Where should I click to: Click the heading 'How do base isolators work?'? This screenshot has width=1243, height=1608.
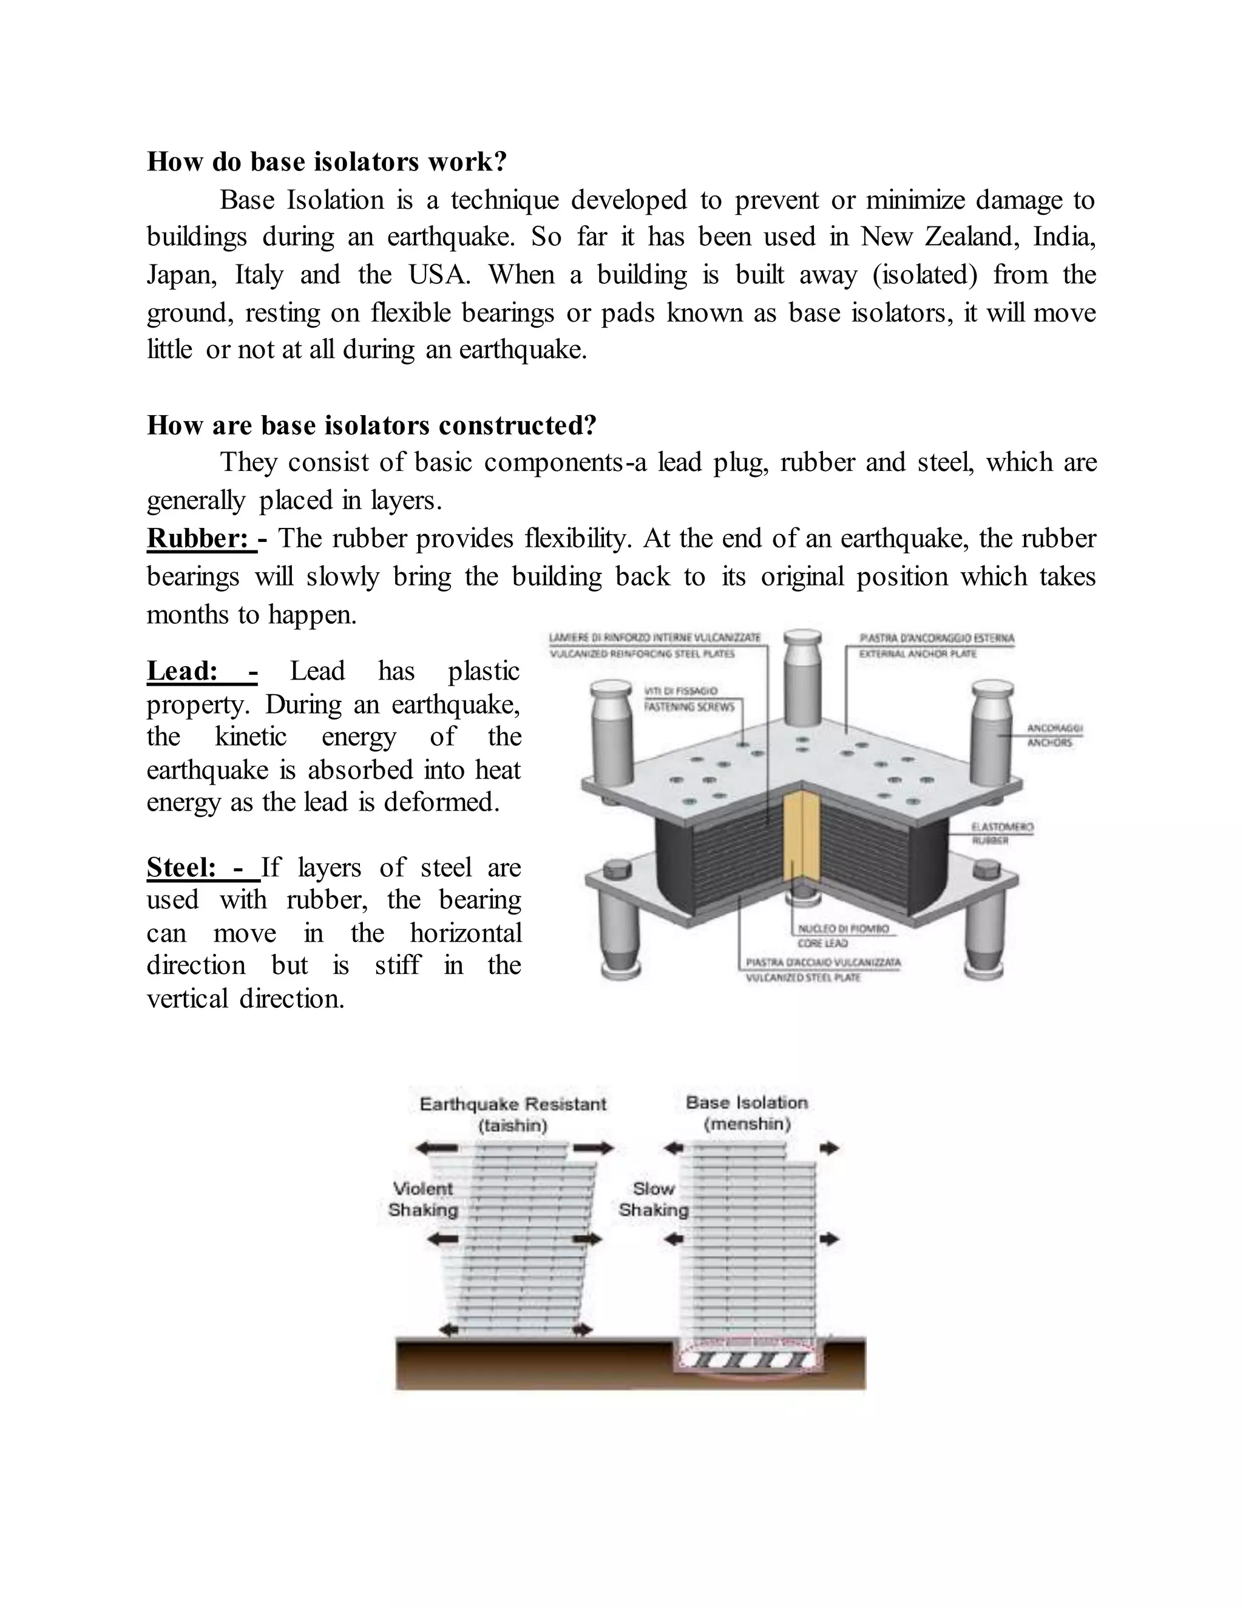(x=327, y=162)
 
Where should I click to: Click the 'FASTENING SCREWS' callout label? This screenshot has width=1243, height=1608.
(x=689, y=707)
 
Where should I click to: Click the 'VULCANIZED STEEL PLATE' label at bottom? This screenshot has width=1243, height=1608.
(x=802, y=978)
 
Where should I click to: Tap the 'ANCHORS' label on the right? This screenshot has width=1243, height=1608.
(x=1049, y=743)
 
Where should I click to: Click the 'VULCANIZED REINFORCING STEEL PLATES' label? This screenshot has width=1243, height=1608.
(x=642, y=654)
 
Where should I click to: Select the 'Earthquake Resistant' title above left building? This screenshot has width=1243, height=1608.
(x=512, y=1104)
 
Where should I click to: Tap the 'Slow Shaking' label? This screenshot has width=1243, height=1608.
(x=653, y=1200)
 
